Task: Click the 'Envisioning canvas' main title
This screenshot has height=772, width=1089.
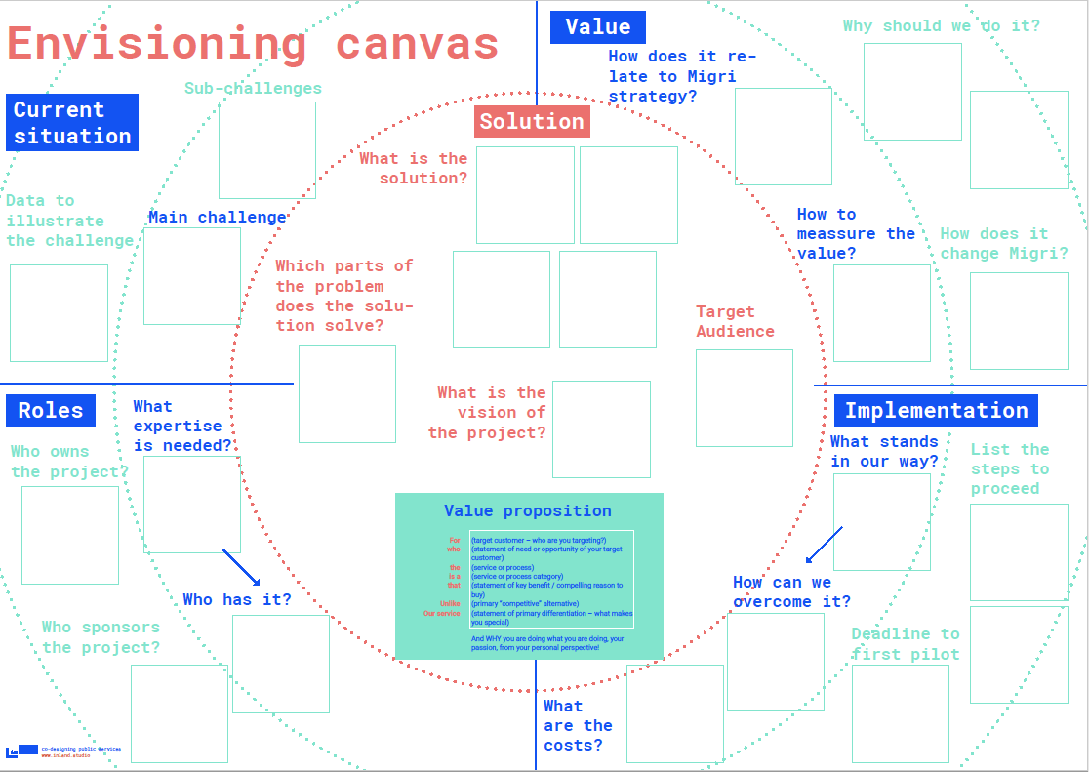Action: click(253, 45)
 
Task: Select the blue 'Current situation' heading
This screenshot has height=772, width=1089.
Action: click(72, 123)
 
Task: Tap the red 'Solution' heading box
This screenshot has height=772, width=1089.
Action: click(532, 121)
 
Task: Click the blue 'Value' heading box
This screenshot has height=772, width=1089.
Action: click(597, 27)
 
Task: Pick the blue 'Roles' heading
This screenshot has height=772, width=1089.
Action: click(51, 411)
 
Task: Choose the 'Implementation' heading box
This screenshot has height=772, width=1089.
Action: click(936, 411)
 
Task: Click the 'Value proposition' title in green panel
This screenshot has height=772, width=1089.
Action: click(528, 511)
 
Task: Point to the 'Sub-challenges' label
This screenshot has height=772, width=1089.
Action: click(253, 89)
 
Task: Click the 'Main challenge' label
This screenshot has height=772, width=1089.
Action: click(218, 218)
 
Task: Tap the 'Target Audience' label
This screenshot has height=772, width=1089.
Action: click(735, 321)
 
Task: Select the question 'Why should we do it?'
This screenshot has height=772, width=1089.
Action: click(941, 26)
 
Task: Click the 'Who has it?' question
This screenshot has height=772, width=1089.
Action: click(237, 599)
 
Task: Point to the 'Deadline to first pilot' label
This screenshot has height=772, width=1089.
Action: click(906, 644)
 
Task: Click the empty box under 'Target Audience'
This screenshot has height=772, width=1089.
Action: click(744, 398)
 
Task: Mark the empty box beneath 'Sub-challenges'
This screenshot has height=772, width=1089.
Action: click(266, 150)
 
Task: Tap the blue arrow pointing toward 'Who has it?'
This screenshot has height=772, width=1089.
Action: click(240, 567)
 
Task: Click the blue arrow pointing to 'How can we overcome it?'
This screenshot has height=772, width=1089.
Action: click(824, 545)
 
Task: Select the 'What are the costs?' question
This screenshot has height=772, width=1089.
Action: click(578, 725)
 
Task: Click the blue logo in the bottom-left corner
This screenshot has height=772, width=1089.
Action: click(22, 751)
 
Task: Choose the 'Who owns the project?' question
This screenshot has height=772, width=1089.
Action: click(69, 462)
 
